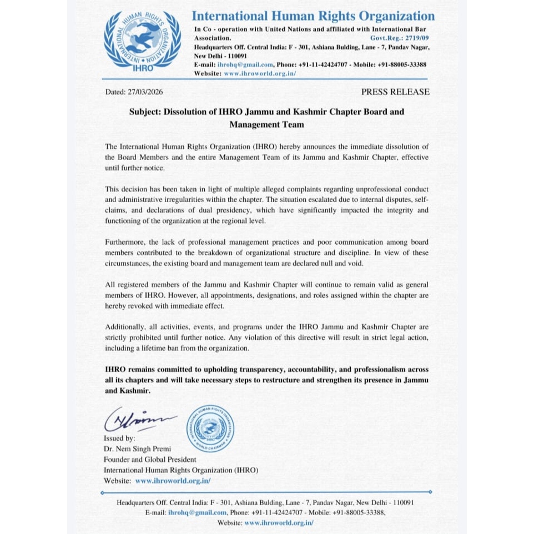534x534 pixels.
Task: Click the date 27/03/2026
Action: point(145,92)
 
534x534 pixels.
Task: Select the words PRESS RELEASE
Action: point(395,92)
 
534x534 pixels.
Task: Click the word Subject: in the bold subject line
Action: point(145,112)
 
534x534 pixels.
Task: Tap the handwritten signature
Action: point(140,417)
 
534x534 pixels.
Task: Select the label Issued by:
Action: point(120,438)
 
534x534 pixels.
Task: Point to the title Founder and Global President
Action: point(150,459)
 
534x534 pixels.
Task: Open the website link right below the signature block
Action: point(173,481)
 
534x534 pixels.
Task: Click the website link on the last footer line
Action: point(279,523)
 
